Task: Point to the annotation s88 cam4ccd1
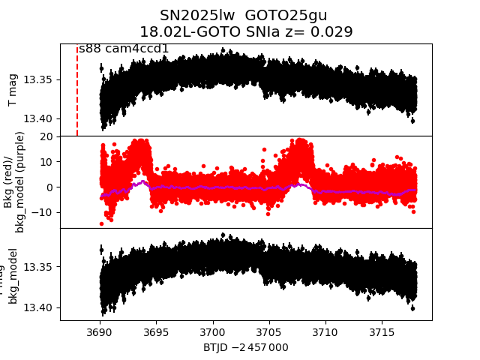click(x=124, y=49)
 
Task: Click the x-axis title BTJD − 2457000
click(x=245, y=347)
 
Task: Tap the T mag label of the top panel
click(x=13, y=90)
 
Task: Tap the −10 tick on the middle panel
click(x=43, y=212)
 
